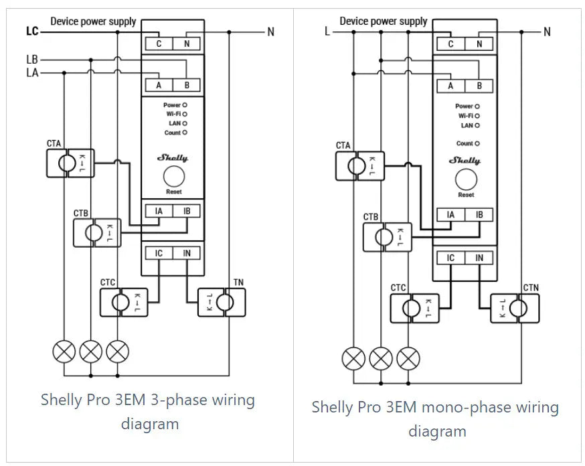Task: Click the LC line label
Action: (x=32, y=31)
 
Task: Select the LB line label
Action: (x=32, y=60)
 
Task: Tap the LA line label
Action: (x=32, y=72)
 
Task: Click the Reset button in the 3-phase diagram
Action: (x=174, y=177)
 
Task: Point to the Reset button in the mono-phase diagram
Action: (x=466, y=179)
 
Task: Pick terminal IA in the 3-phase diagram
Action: (x=159, y=212)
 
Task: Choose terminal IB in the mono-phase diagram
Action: (x=479, y=215)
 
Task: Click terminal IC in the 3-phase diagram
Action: (x=159, y=253)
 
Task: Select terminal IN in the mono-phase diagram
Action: (x=479, y=258)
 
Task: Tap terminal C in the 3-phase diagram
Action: (x=159, y=44)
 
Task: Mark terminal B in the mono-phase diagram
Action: (x=479, y=86)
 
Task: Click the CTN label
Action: (x=531, y=288)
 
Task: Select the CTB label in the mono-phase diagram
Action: (x=371, y=217)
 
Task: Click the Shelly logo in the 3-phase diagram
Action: (x=173, y=158)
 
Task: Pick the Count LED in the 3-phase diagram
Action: (x=185, y=133)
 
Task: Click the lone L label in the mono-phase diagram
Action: (x=327, y=31)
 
